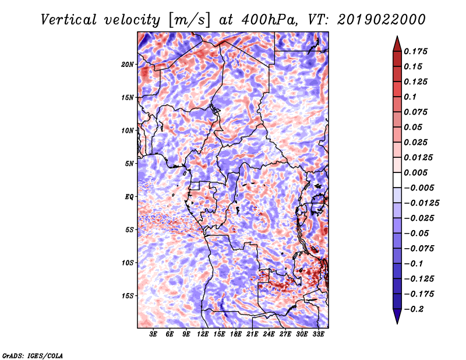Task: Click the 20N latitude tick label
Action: click(128, 64)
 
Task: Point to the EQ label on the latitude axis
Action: click(129, 196)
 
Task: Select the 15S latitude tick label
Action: click(128, 295)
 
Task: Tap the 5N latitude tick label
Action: click(129, 163)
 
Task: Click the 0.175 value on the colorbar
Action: click(417, 51)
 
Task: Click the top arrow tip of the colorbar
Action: click(396, 37)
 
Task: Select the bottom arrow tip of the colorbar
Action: click(396, 322)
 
